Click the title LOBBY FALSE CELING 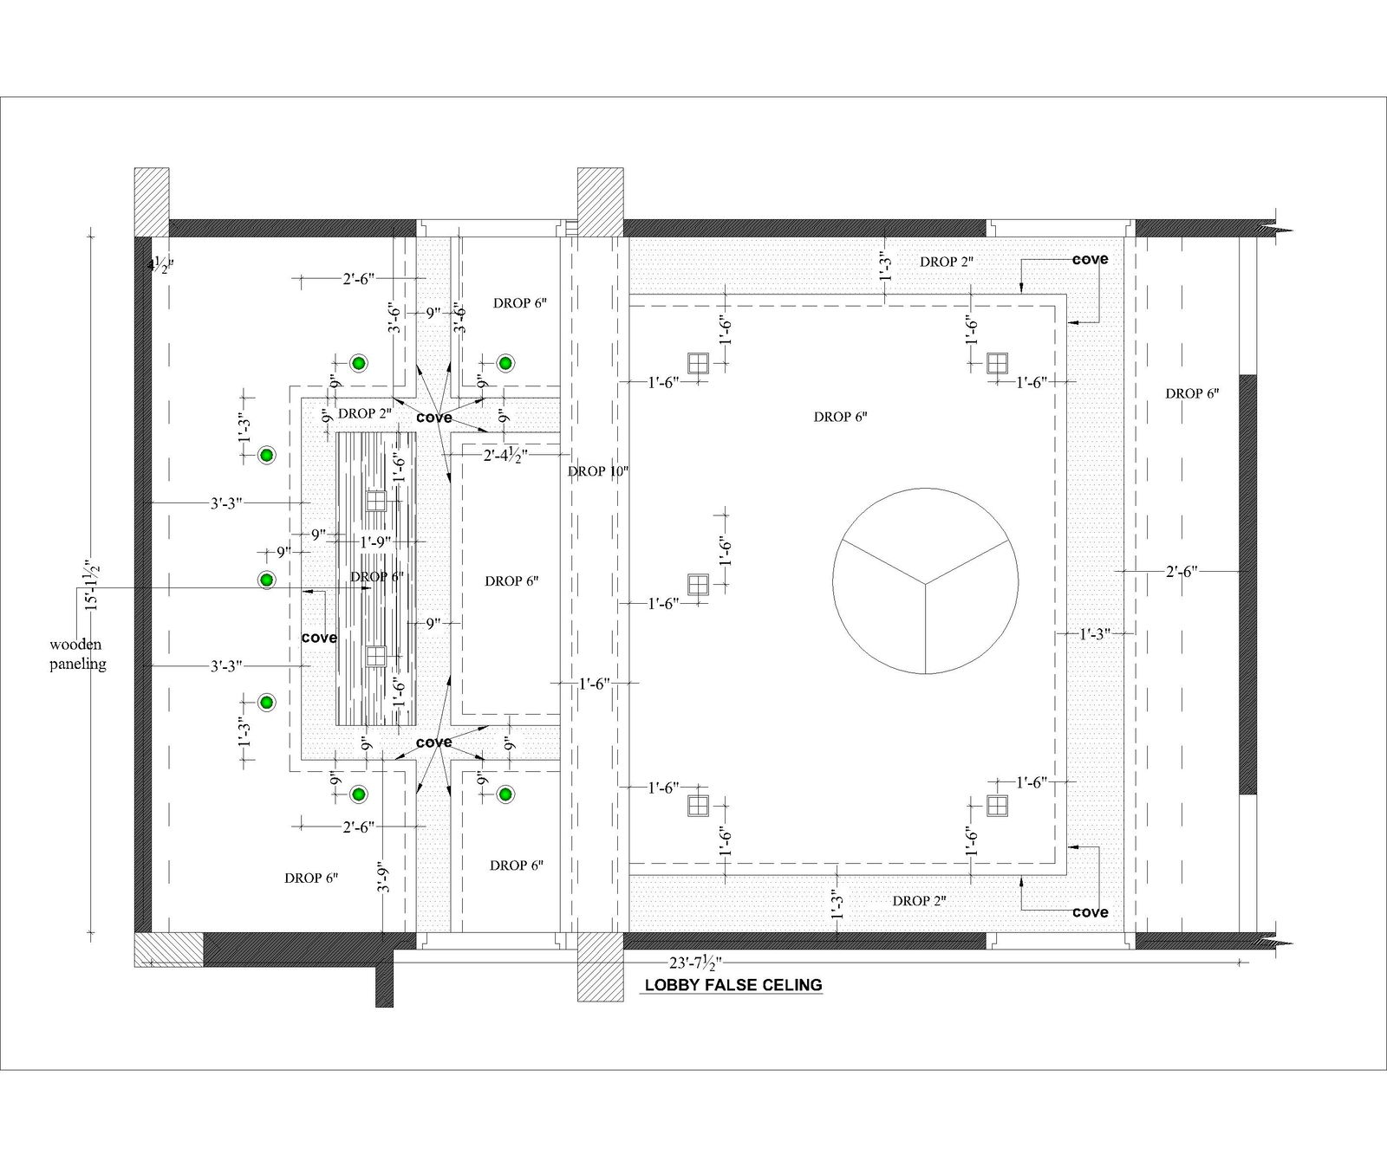pos(733,985)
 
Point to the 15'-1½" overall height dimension pos(91,586)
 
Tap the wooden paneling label pos(76,654)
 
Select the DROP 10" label pos(597,471)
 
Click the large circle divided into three pos(925,580)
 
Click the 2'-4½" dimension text pos(506,454)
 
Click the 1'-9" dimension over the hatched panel pos(375,541)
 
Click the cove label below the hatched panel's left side pos(318,638)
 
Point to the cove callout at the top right pos(1090,259)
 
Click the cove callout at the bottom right pos(1090,911)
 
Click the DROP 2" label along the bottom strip pos(919,901)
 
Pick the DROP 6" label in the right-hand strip pos(1192,393)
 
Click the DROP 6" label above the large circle pos(840,417)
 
